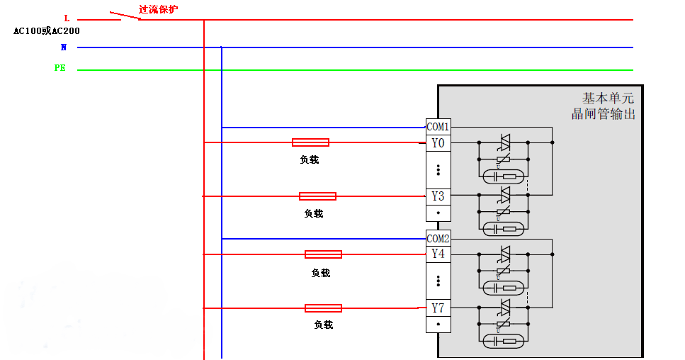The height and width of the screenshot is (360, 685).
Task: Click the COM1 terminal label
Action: (438, 127)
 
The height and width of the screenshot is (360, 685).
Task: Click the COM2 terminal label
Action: (438, 239)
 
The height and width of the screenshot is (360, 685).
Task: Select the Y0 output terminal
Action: (438, 143)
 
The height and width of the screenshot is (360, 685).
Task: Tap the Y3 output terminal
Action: (438, 196)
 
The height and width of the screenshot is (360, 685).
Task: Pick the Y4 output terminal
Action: (438, 253)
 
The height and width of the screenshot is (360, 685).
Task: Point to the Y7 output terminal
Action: (438, 308)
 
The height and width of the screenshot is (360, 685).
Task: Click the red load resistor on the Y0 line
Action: (310, 142)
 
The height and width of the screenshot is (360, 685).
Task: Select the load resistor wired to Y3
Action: (317, 196)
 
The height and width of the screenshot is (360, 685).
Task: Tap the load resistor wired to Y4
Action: (323, 254)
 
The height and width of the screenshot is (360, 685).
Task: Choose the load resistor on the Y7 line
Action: (323, 308)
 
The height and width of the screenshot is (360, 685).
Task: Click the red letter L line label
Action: (67, 18)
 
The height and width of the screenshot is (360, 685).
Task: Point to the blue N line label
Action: (64, 47)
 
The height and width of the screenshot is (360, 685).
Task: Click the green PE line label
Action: (60, 68)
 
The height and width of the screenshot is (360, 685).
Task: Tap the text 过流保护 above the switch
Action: (158, 9)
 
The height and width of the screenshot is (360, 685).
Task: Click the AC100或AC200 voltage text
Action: (47, 31)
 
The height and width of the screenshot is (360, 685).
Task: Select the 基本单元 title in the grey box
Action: (608, 98)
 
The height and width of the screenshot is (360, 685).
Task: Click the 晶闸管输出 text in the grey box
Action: (604, 113)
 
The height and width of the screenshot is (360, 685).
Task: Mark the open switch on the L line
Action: (125, 16)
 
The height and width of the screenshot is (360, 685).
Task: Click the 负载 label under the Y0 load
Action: (310, 159)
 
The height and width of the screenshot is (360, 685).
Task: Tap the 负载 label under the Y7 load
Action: (323, 325)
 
